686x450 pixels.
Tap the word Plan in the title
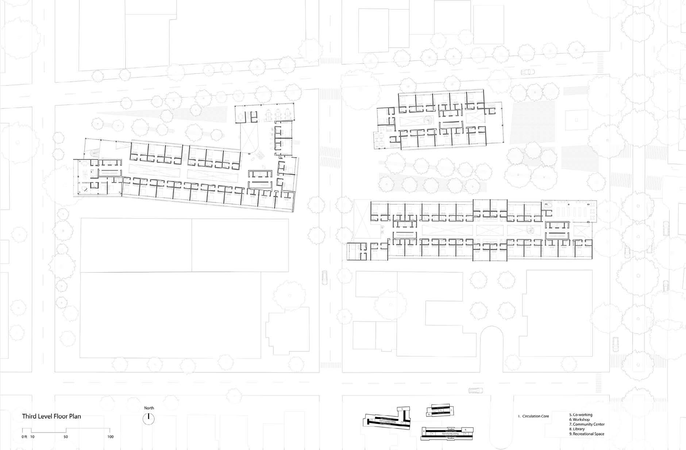[x=75, y=416]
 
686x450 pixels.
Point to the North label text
[x=149, y=408]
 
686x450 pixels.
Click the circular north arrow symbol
[x=149, y=418]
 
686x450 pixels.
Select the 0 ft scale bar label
[x=24, y=436]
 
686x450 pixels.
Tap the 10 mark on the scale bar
[x=32, y=436]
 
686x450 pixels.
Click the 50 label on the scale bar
[x=66, y=436]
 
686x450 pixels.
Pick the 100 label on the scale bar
[x=111, y=436]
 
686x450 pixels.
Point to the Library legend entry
[x=578, y=429]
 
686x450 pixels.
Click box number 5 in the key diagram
[x=402, y=409]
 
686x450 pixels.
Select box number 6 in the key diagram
[x=429, y=415]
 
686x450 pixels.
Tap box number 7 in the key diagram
[x=451, y=410]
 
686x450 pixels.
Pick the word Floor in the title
[x=61, y=416]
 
